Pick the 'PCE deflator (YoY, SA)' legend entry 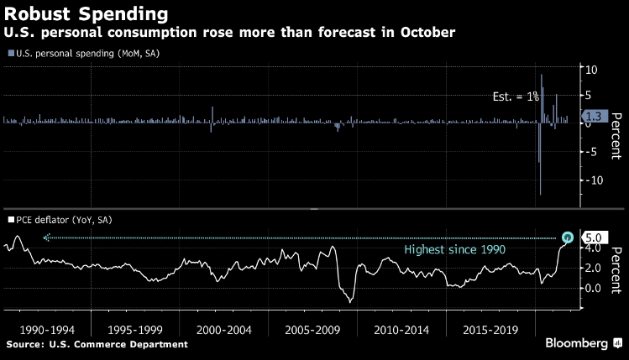click(x=59, y=220)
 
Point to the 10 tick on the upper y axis click(x=590, y=70)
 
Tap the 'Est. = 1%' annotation click(x=516, y=97)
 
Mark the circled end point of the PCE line click(x=569, y=237)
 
